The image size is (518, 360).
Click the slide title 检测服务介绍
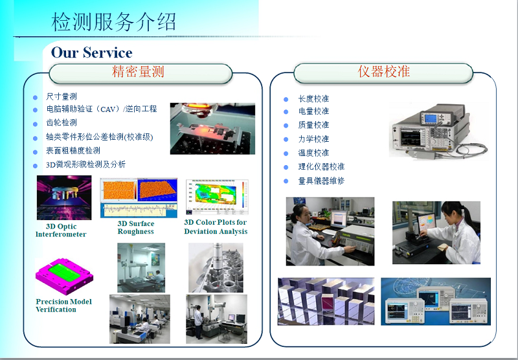(113, 22)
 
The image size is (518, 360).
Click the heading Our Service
(92, 52)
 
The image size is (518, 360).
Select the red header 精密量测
(138, 71)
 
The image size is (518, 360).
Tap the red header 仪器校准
(384, 71)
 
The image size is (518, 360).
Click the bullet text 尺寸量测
(62, 96)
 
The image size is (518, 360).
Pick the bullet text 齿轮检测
(62, 122)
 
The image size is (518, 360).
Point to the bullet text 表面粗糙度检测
(73, 151)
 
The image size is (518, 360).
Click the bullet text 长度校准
(313, 99)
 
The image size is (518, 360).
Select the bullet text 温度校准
(313, 153)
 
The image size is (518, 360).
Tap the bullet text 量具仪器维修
(321, 181)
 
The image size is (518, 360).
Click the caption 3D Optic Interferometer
(61, 231)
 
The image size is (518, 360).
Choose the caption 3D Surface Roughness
(136, 227)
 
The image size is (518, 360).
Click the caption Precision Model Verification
(63, 306)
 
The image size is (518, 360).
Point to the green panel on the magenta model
(63, 272)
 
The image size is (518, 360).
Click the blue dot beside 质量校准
(286, 126)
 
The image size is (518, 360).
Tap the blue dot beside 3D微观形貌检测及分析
(36, 166)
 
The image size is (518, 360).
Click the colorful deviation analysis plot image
(217, 197)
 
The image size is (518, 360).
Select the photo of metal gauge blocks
(326, 302)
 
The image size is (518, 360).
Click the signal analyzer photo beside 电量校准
(439, 131)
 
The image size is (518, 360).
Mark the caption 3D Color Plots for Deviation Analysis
(216, 227)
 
